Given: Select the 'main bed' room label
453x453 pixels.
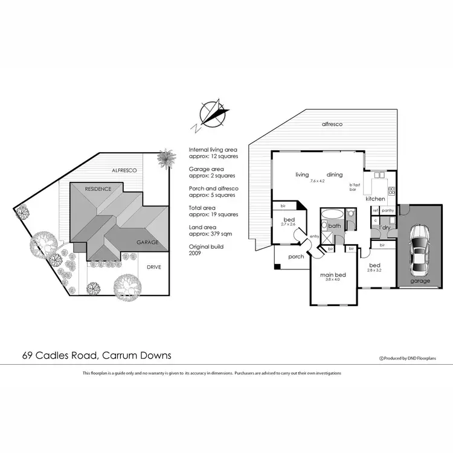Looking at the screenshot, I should (332, 275).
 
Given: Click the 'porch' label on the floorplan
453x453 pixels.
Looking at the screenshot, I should (296, 257).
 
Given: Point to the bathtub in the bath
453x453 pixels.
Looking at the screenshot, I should (331, 214).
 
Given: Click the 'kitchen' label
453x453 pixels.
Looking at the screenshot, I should (375, 199).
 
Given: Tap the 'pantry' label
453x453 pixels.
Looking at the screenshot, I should (387, 210).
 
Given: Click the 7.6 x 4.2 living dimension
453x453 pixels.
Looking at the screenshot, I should (318, 181).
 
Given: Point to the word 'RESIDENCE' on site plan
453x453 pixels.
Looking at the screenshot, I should (97, 189).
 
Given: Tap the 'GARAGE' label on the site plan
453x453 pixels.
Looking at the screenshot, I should (147, 242).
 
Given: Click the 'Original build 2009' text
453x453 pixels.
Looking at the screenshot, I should (204, 250).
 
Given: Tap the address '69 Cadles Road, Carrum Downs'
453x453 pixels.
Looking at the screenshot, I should (97, 356).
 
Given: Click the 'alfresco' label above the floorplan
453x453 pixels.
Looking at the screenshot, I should (332, 124).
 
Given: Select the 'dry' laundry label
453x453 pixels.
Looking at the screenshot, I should (385, 228).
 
